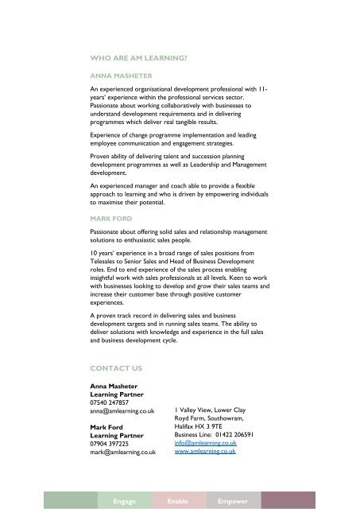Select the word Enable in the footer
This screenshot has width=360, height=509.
[178, 502]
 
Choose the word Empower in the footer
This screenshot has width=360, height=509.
[231, 502]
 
